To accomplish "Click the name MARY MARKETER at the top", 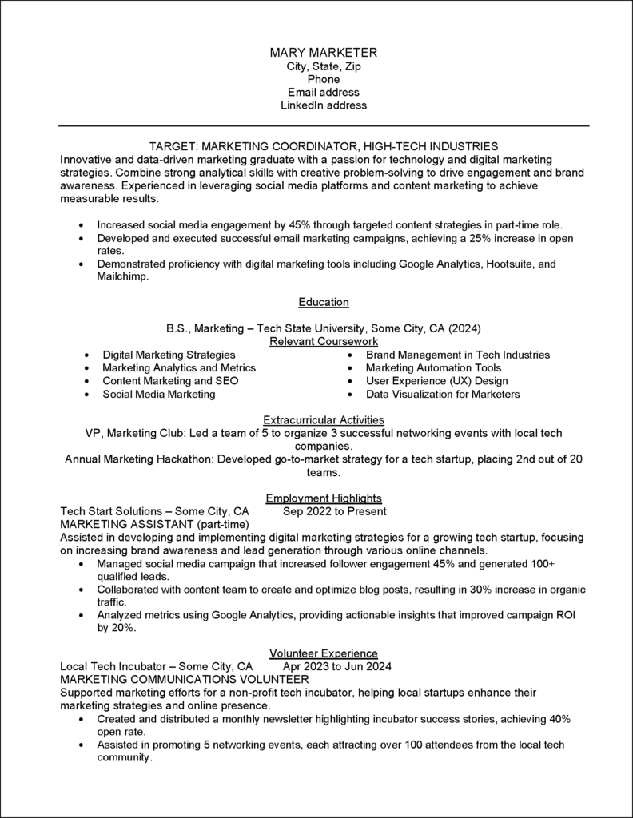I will coord(324,52).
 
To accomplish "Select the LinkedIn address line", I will coord(324,105).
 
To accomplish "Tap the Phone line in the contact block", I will coord(324,79).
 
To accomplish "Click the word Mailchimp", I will coord(123,276).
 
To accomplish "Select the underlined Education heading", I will coord(324,302).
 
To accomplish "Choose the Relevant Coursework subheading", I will coord(324,341).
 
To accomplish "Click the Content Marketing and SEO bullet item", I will coord(170,381).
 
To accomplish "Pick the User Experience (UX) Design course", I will coord(436,381).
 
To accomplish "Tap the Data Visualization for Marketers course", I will coord(443,394).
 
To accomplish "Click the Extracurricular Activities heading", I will coord(324,419).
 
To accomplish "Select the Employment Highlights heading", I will coord(324,498).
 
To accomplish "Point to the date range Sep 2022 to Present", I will coord(335,511).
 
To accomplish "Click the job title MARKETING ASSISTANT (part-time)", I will coord(155,524).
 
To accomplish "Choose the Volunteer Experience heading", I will coord(324,653).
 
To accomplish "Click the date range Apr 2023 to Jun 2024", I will coord(337,666).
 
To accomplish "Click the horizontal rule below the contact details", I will coord(324,126).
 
